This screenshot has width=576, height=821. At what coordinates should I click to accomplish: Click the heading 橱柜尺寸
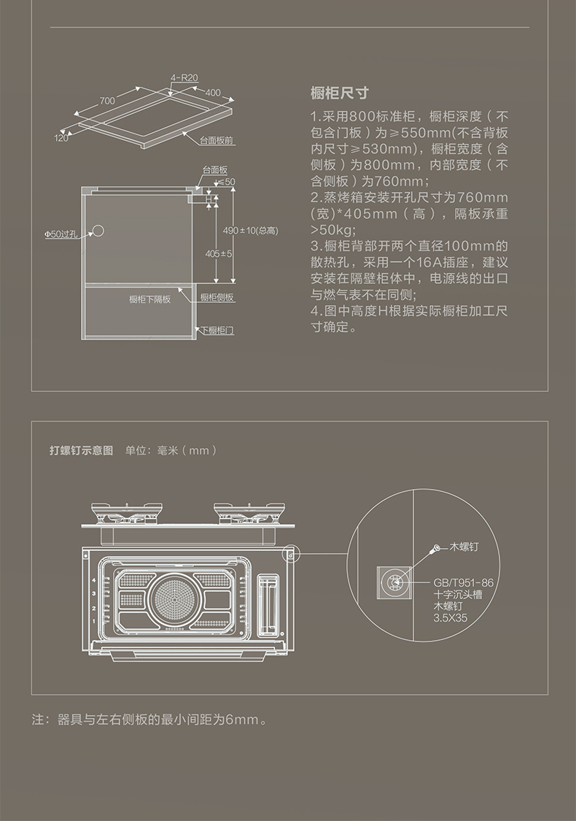tap(339, 93)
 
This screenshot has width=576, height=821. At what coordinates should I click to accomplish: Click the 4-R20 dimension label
tap(184, 77)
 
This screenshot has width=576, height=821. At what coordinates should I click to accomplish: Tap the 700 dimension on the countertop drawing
tap(107, 100)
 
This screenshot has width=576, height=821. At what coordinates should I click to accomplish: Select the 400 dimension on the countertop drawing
tap(212, 93)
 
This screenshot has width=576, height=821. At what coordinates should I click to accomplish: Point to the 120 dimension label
tap(61, 137)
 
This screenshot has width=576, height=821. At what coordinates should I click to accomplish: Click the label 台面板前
tap(217, 139)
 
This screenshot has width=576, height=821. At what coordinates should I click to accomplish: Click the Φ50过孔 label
tap(60, 234)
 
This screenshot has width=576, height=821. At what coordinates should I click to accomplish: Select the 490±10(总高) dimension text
tap(250, 231)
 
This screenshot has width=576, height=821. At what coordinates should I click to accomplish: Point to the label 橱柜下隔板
tap(150, 299)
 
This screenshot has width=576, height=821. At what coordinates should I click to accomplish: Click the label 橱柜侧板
tap(217, 298)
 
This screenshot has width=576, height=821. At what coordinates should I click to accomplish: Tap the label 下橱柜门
tap(217, 331)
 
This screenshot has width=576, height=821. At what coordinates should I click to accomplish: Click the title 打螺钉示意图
tap(81, 450)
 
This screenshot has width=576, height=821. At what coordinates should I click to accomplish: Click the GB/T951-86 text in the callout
tap(463, 582)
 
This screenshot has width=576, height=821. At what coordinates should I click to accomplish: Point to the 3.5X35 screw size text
tap(450, 617)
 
